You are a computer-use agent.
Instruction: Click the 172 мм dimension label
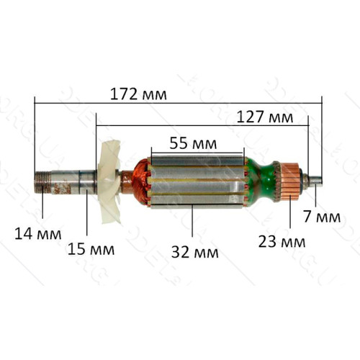[138, 94]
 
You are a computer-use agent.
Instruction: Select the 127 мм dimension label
[265, 117]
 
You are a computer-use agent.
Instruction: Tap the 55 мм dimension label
[193, 143]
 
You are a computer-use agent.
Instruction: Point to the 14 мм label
[38, 234]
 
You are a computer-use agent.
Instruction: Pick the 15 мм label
[91, 249]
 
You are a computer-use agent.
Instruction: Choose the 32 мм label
[195, 252]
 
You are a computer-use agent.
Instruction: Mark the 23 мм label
[282, 242]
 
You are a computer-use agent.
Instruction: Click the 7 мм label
[322, 217]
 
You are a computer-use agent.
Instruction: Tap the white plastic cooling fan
[109, 182]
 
